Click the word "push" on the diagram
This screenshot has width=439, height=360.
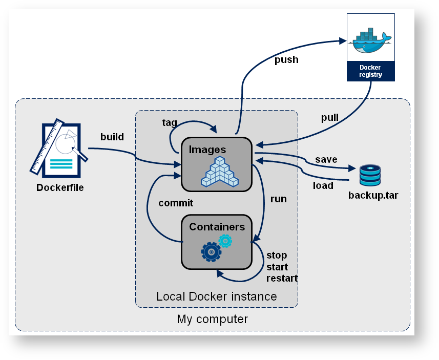[286, 60]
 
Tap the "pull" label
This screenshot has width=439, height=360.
[330, 118]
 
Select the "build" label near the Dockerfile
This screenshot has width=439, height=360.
[112, 137]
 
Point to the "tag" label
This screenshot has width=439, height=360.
[170, 122]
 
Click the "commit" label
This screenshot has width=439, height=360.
[176, 203]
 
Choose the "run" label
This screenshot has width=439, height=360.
[278, 199]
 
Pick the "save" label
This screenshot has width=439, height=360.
[326, 159]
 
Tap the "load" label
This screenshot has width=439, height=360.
[323, 185]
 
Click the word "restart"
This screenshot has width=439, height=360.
[282, 279]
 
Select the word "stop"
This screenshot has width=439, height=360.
[277, 255]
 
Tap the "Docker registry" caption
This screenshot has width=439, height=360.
[370, 71]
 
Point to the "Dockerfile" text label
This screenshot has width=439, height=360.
[60, 187]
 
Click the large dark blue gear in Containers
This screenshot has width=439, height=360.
[211, 252]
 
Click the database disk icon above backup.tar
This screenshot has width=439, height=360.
[370, 175]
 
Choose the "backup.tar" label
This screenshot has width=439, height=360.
[373, 195]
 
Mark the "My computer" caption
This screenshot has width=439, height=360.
[212, 319]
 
